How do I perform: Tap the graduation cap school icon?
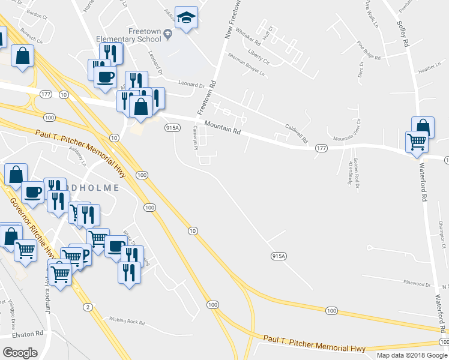[187, 18]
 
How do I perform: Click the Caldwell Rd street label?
[297, 128]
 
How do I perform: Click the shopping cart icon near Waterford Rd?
[417, 142]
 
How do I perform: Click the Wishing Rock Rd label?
[124, 321]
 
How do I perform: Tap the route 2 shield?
[88, 307]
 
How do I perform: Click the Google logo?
[20, 352]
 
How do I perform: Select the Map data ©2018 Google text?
[412, 355]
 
